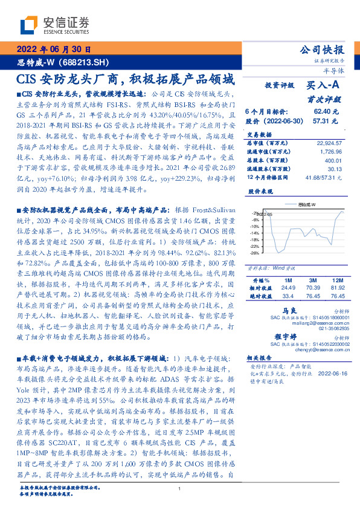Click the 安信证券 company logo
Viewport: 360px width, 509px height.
54,25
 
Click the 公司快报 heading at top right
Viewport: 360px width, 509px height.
321,50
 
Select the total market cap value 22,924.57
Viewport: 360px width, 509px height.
329,143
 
